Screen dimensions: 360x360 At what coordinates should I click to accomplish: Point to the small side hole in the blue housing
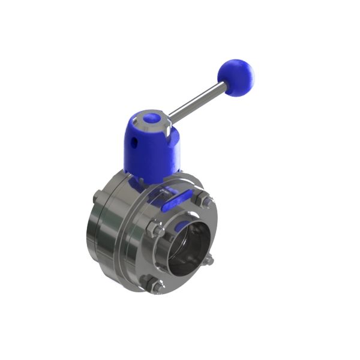pyautogui.click(x=135, y=143)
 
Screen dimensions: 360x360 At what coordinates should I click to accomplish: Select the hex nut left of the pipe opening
pyautogui.click(x=154, y=230)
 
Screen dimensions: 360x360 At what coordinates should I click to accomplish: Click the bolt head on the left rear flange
pyautogui.click(x=97, y=196)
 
